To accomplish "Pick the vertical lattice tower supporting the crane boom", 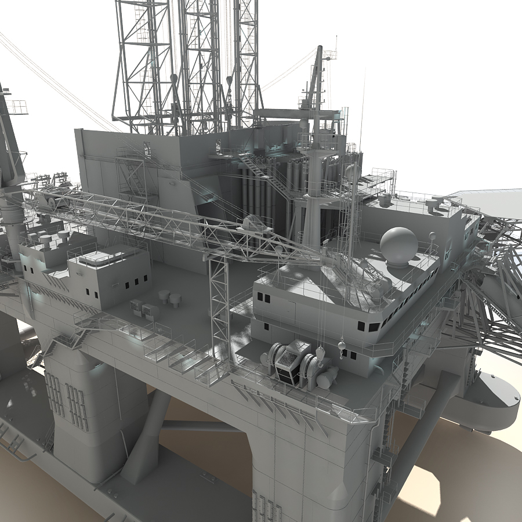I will pyautogui.click(x=219, y=307).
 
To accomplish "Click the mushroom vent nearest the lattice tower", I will pyautogui.click(x=175, y=299).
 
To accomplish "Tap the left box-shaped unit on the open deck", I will pyautogui.click(x=137, y=307).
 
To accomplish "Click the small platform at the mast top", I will pyautogui.click(x=329, y=55).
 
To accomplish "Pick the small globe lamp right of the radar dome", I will pyautogui.click(x=432, y=236).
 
